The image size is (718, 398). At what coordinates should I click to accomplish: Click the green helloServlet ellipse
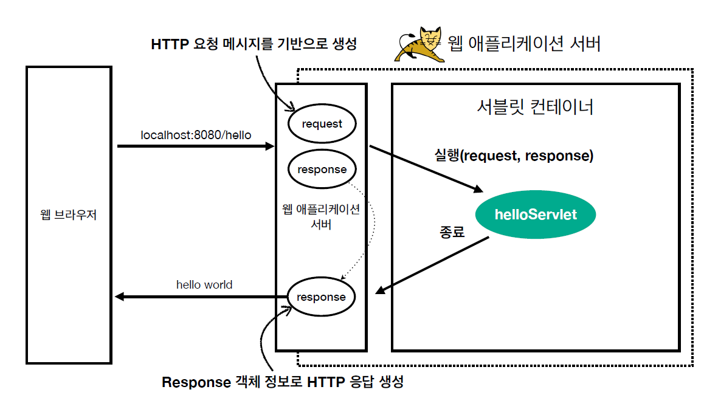(x=535, y=214)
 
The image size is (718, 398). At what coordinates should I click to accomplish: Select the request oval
(x=322, y=124)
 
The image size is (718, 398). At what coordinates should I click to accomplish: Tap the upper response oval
(x=322, y=170)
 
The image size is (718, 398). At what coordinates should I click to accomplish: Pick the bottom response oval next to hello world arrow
(x=321, y=297)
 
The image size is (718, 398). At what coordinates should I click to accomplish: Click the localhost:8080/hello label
(x=196, y=135)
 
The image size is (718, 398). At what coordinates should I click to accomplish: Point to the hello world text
(x=204, y=284)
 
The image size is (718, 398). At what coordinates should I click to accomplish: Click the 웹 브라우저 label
(x=68, y=214)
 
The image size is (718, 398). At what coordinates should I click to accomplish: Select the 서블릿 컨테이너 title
(x=535, y=108)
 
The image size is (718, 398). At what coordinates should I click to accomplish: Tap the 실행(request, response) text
(x=514, y=156)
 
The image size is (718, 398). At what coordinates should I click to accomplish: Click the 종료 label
(x=452, y=232)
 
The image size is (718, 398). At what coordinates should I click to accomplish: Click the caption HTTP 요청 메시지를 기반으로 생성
(x=254, y=44)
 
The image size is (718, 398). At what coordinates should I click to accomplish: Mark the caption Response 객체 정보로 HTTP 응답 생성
(x=283, y=382)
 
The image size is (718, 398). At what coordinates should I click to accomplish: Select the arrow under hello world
(x=201, y=297)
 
